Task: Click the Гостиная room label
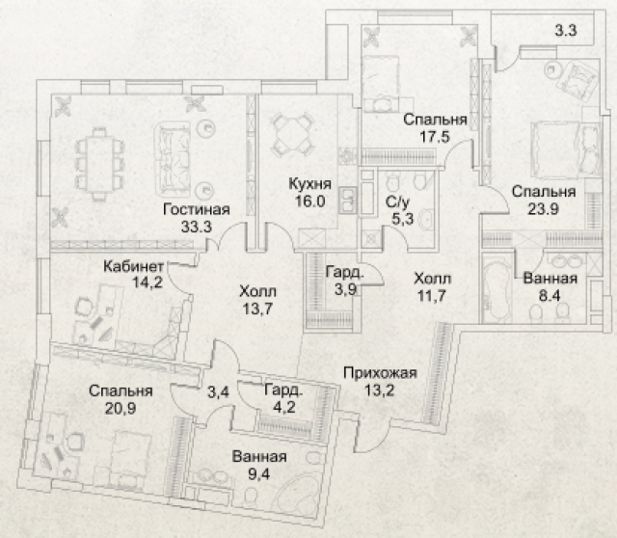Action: (196, 210)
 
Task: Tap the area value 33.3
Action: (196, 228)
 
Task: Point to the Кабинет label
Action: (139, 266)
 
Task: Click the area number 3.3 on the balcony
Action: (566, 31)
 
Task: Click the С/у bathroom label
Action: (394, 202)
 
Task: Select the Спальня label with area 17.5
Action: (435, 120)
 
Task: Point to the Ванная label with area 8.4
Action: (550, 281)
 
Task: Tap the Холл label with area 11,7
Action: (431, 279)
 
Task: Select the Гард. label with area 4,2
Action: (283, 391)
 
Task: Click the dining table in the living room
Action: (99, 161)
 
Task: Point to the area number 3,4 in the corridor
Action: (219, 391)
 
